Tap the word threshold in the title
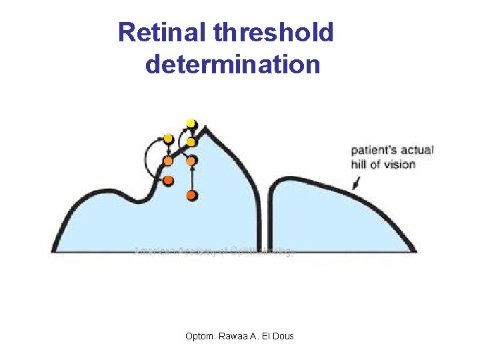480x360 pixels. pyautogui.click(x=273, y=32)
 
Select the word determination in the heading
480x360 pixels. pyautogui.click(x=233, y=65)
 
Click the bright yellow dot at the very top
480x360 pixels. pyautogui.click(x=191, y=123)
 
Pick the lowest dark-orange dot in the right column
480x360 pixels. pyautogui.click(x=191, y=195)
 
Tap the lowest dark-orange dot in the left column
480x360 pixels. pyautogui.click(x=168, y=181)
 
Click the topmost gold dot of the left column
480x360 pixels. pyautogui.click(x=168, y=139)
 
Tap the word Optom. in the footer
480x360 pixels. pyautogui.click(x=201, y=335)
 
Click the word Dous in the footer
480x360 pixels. pyautogui.click(x=283, y=335)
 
